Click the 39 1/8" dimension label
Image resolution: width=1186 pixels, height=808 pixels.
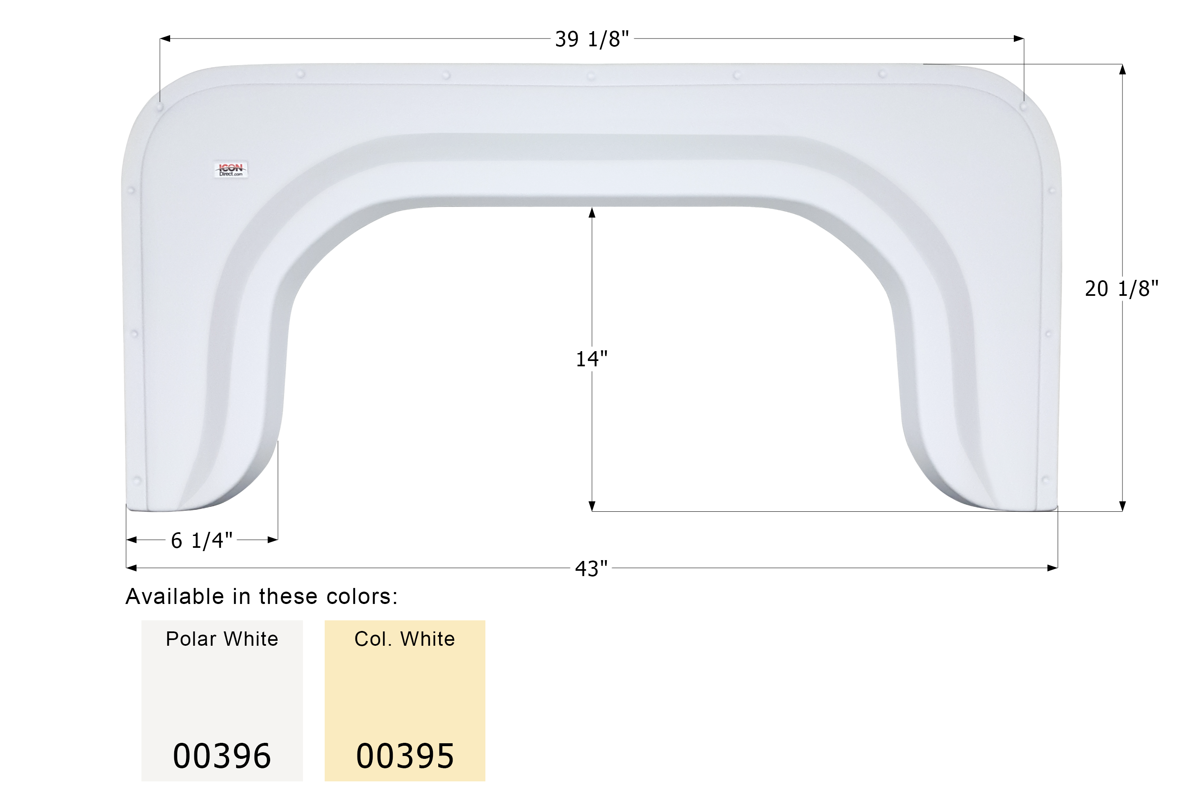tap(592, 39)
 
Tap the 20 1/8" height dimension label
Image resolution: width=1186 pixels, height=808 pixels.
tap(1121, 289)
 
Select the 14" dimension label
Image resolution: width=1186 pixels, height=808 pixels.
tap(592, 359)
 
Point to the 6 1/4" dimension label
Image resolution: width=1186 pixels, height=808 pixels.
tap(202, 540)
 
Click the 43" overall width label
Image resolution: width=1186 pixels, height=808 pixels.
tap(592, 568)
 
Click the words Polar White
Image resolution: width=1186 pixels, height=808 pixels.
tap(222, 639)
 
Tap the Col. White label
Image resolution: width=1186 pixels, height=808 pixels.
tap(405, 639)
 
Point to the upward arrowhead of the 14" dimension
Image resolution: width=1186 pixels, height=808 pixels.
tap(592, 212)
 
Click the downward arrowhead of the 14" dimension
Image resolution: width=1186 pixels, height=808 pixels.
tap(592, 506)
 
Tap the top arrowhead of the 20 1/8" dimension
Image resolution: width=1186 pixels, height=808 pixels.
tap(1122, 69)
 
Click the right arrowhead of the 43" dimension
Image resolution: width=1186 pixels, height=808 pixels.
tap(1052, 568)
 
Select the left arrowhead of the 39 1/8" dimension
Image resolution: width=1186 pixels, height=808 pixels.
tap(165, 38)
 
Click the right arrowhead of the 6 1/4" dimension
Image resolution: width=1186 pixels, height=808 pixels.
tap(273, 539)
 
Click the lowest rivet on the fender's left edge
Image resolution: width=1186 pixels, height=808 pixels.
tap(136, 480)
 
